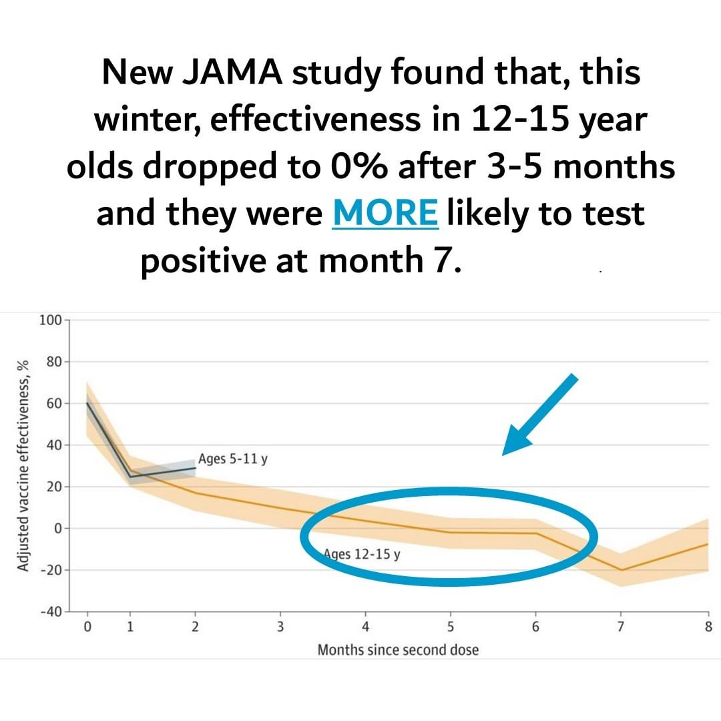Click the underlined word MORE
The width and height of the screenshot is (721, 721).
coord(385,213)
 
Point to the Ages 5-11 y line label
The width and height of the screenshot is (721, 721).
coord(232,459)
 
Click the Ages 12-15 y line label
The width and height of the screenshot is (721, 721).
coord(361,554)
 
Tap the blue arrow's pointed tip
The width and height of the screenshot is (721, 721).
coord(505,453)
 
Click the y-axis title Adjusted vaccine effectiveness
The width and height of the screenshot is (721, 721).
coord(23,466)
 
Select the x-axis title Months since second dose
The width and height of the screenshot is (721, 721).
coord(398,650)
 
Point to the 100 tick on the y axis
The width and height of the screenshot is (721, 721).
coord(49,320)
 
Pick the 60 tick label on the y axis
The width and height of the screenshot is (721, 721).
coord(53,403)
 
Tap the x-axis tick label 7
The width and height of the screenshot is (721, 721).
coord(621,627)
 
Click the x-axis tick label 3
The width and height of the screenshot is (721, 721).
coord(280,627)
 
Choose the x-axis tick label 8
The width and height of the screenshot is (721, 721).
coord(708,627)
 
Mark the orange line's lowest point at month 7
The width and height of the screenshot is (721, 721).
coord(622,569)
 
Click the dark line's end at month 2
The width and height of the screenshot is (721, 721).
coord(195,467)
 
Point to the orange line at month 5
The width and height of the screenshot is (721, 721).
coord(451,532)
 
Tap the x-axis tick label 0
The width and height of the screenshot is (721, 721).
coord(87,627)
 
